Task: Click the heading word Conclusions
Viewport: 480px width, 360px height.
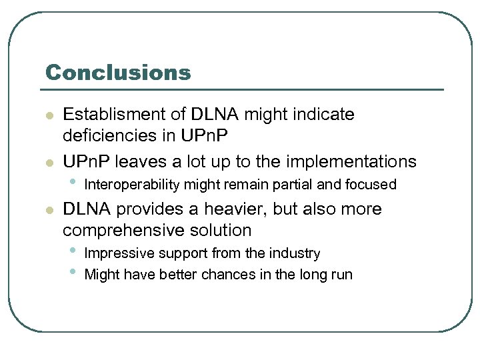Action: tap(117, 72)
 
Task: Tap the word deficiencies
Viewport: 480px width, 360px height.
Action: tap(117, 135)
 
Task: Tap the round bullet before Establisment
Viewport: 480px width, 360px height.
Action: tap(49, 116)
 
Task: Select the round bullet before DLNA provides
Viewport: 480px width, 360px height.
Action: tap(49, 211)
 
